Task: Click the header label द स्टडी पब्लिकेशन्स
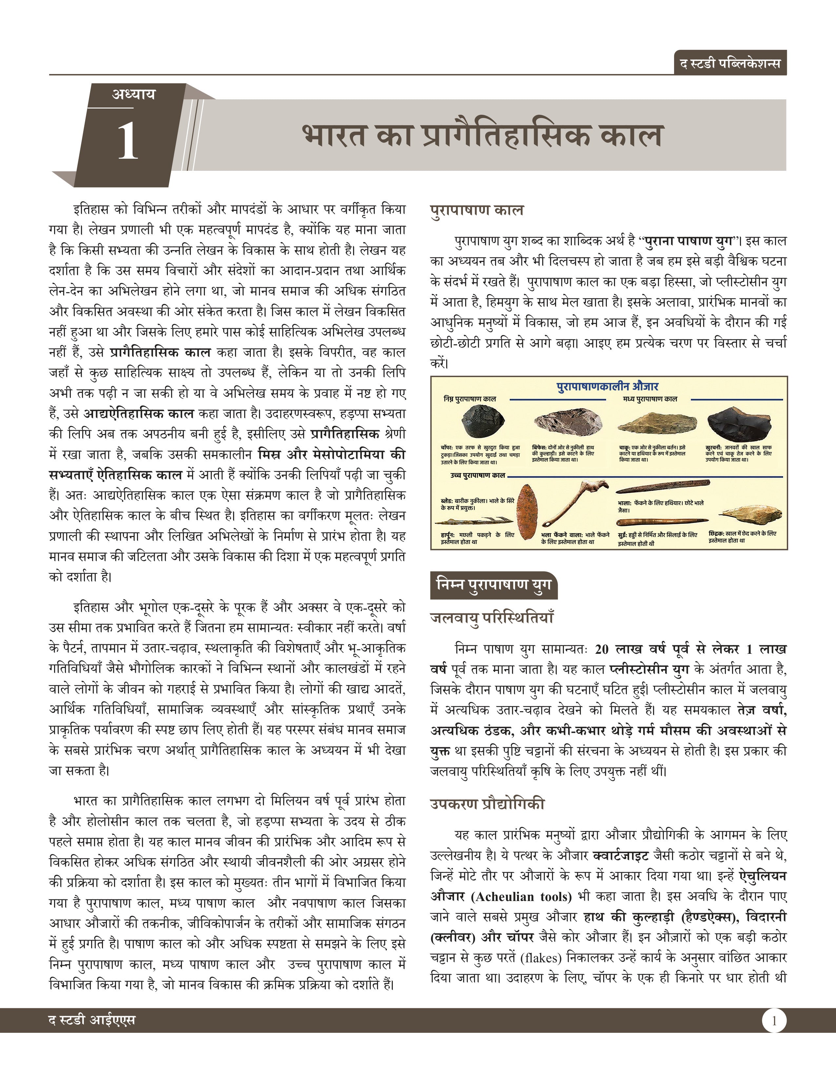coord(730,63)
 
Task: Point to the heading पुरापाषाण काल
coord(476,210)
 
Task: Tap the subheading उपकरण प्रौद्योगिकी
coord(487,804)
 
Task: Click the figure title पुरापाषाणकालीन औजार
coord(607,387)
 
